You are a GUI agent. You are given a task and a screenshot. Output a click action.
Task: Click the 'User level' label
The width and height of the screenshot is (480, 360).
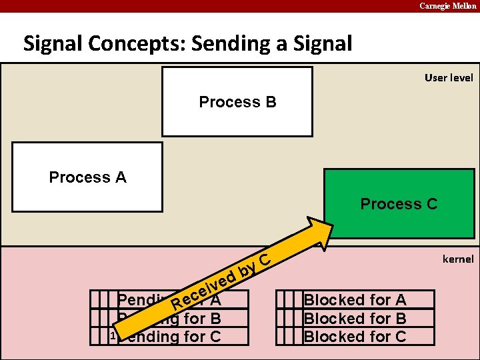(x=449, y=78)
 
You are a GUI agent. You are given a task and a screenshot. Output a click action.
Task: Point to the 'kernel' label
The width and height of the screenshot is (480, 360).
(x=457, y=259)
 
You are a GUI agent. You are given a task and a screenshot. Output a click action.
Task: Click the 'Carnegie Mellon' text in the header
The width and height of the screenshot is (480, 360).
(x=447, y=6)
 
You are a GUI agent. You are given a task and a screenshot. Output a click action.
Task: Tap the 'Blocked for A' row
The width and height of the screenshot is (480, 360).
(x=355, y=300)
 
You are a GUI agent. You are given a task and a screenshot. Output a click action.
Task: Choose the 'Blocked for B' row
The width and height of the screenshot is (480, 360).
(x=355, y=318)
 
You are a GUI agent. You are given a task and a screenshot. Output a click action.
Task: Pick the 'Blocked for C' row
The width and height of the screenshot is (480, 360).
(x=355, y=336)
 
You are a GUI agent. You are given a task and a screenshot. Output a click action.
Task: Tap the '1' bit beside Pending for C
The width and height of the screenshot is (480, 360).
(x=113, y=336)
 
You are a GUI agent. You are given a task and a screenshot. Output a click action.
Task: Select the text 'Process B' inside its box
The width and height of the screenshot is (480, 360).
(x=237, y=102)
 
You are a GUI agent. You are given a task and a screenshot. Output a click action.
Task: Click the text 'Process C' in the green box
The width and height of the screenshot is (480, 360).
(x=399, y=204)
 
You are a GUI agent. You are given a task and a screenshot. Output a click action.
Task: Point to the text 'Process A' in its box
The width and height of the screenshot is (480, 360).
(x=87, y=177)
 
